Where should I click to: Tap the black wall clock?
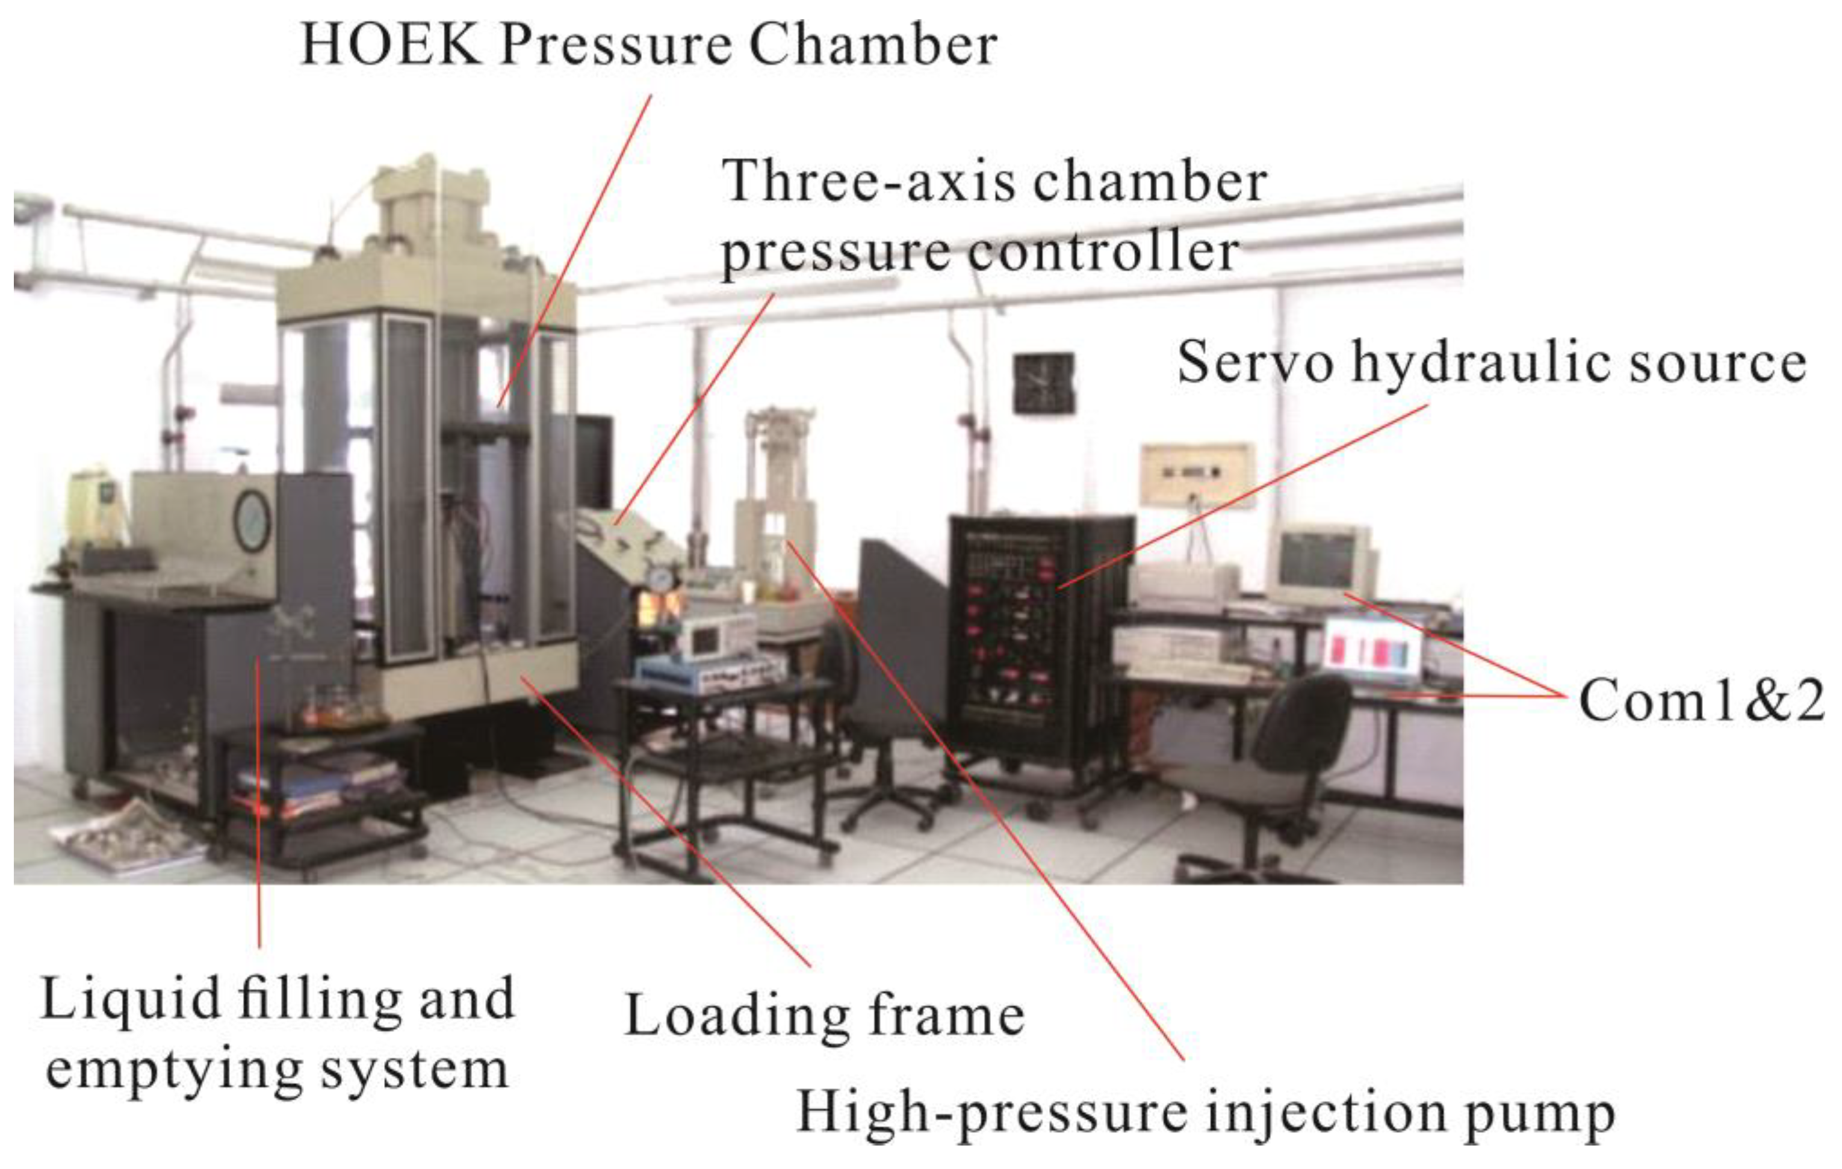(1043, 383)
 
